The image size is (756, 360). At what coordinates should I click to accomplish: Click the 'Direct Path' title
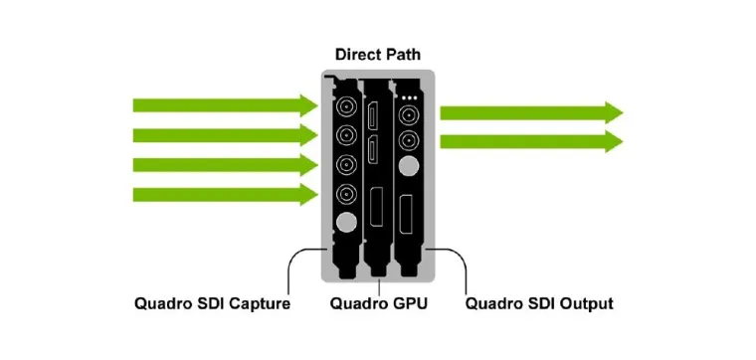coord(377,57)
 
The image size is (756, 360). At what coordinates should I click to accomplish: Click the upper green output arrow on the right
coord(531,112)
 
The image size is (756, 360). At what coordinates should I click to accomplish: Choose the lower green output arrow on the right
coord(531,142)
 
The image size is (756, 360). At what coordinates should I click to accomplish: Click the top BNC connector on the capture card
coord(346,105)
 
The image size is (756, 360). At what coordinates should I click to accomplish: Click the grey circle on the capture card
coord(346,225)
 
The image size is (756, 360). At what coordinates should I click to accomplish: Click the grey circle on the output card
coord(408,164)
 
